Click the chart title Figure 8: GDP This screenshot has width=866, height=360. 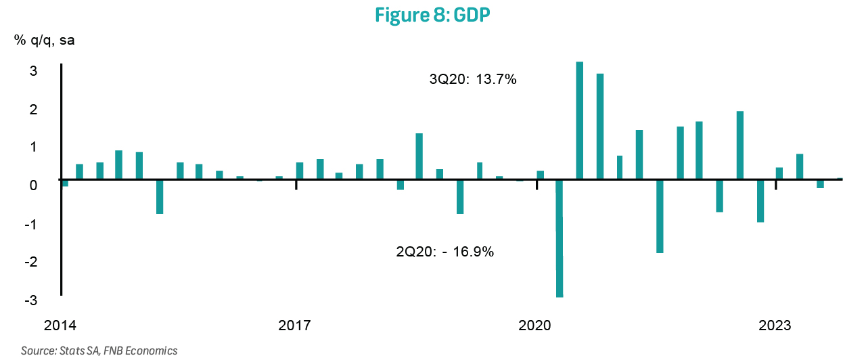[x=432, y=16]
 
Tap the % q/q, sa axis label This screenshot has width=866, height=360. [x=45, y=40]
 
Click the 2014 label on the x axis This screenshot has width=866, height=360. [x=60, y=326]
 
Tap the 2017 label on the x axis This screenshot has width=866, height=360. [x=295, y=326]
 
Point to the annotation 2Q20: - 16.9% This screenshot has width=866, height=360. [x=445, y=252]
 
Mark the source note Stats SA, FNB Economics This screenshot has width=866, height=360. [x=99, y=351]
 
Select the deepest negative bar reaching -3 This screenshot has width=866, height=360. [x=560, y=238]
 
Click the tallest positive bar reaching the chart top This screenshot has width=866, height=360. [x=579, y=121]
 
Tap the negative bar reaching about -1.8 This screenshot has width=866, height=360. [x=660, y=216]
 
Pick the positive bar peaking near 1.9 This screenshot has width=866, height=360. [x=739, y=145]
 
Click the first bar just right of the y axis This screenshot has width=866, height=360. [x=65, y=183]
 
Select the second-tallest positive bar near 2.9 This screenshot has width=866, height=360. [x=599, y=127]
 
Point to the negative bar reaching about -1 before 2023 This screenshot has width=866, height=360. [x=760, y=201]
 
